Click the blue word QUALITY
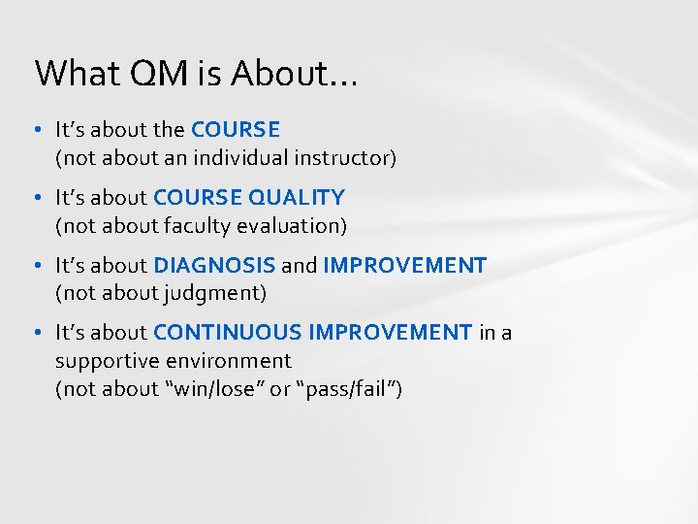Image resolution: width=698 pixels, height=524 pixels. click(x=296, y=198)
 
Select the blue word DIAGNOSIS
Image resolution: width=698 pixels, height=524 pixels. click(x=214, y=266)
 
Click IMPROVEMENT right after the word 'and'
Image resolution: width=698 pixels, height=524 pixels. click(x=404, y=266)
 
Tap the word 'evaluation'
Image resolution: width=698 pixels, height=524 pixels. click(x=293, y=226)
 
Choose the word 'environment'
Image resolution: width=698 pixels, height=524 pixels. click(x=227, y=361)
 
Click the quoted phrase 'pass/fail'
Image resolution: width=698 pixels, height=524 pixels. click(x=342, y=389)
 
